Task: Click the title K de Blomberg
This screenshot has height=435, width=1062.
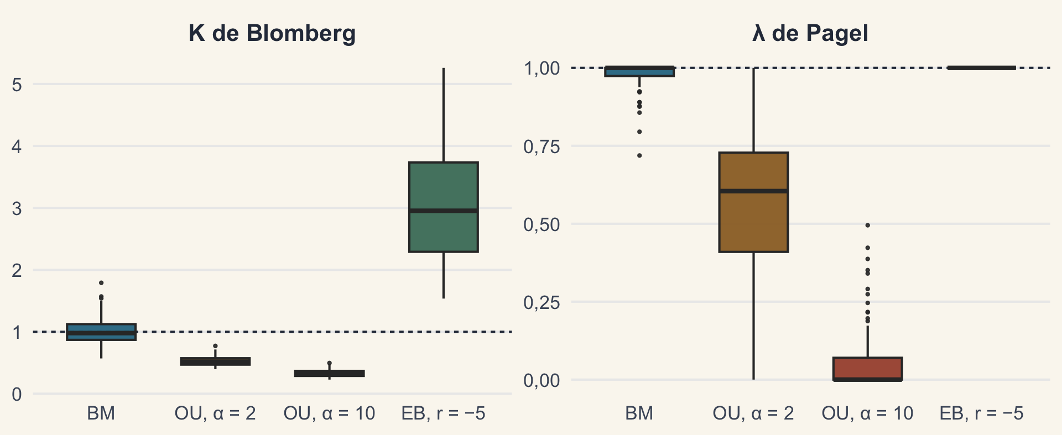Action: [x=272, y=33]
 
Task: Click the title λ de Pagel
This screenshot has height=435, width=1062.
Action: [x=810, y=33]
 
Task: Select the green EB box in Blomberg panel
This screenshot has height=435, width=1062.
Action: [x=444, y=207]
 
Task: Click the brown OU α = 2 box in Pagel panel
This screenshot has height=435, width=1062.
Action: [x=753, y=202]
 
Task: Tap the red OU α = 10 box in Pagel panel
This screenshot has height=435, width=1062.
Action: [x=868, y=369]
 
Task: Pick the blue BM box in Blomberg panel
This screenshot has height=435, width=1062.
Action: [x=101, y=332]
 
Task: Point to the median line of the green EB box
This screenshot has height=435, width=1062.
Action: [x=444, y=211]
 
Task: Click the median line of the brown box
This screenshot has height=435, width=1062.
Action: [x=753, y=191]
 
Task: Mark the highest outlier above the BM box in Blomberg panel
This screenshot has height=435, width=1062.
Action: [x=101, y=283]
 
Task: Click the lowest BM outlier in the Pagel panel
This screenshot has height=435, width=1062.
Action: [x=639, y=156]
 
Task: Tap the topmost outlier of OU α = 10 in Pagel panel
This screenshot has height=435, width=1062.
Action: [x=868, y=226]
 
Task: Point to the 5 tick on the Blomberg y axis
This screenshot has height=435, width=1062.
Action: [x=17, y=85]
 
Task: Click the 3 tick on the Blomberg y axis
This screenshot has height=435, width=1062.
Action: [x=17, y=208]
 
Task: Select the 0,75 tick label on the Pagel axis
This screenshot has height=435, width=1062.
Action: [x=542, y=147]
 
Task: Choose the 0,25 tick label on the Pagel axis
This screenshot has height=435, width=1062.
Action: [x=542, y=303]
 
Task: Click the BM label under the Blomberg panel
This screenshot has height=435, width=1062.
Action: [x=101, y=413]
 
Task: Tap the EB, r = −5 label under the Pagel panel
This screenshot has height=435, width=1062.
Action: [x=982, y=413]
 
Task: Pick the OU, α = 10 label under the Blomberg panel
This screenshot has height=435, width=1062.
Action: [x=329, y=413]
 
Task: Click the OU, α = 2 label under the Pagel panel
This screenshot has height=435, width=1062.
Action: [x=753, y=413]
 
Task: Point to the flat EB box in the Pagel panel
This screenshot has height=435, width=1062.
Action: [x=982, y=68]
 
